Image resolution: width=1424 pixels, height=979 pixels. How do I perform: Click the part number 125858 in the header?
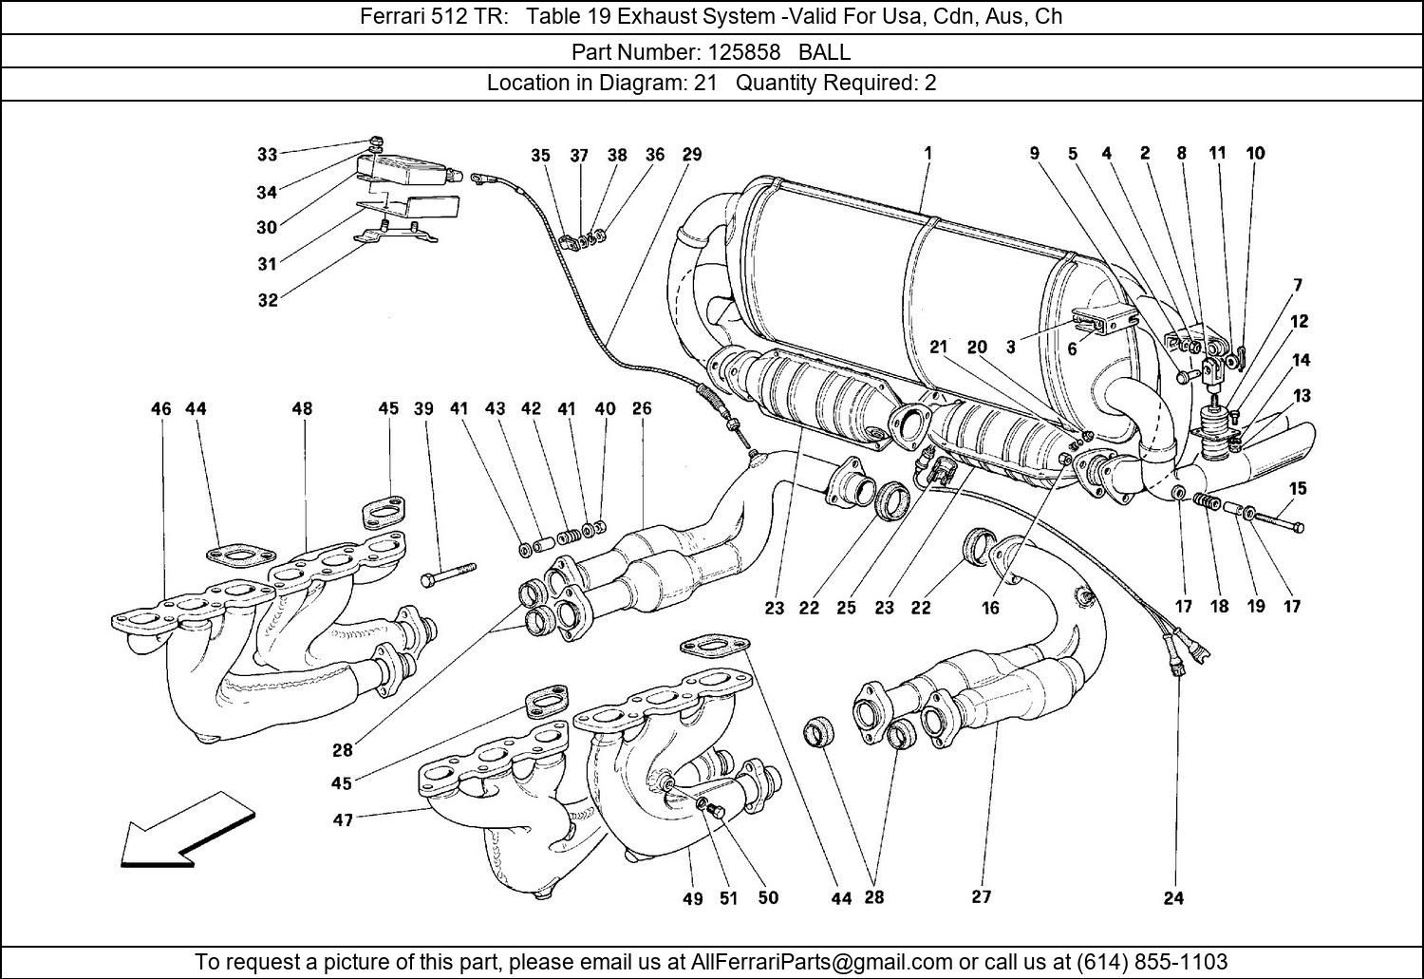tap(743, 51)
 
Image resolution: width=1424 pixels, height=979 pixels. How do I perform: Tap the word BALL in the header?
tap(825, 51)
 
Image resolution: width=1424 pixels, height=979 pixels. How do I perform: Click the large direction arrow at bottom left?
tap(188, 829)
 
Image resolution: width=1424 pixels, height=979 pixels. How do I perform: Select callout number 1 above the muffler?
tap(928, 153)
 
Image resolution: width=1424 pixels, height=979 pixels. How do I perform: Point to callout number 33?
tap(267, 155)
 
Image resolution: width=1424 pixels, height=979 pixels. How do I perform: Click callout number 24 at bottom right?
tap(1173, 897)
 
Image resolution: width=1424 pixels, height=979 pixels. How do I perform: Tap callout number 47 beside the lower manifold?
tap(343, 820)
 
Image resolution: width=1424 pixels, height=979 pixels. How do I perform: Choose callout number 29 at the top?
tap(692, 155)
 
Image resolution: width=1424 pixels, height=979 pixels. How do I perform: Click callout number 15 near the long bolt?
tap(1298, 488)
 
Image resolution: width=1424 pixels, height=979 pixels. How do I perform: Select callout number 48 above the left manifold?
tap(302, 408)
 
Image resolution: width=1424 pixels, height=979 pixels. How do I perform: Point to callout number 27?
tap(981, 896)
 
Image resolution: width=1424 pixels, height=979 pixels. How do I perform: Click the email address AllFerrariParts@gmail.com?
tap(821, 960)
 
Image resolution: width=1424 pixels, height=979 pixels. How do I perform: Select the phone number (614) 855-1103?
tap(1152, 960)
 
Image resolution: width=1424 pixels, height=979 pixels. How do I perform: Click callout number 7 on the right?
tap(1298, 286)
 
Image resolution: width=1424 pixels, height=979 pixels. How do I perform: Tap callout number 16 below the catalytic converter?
tap(990, 609)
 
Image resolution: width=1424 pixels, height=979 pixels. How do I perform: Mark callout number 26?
tap(642, 408)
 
